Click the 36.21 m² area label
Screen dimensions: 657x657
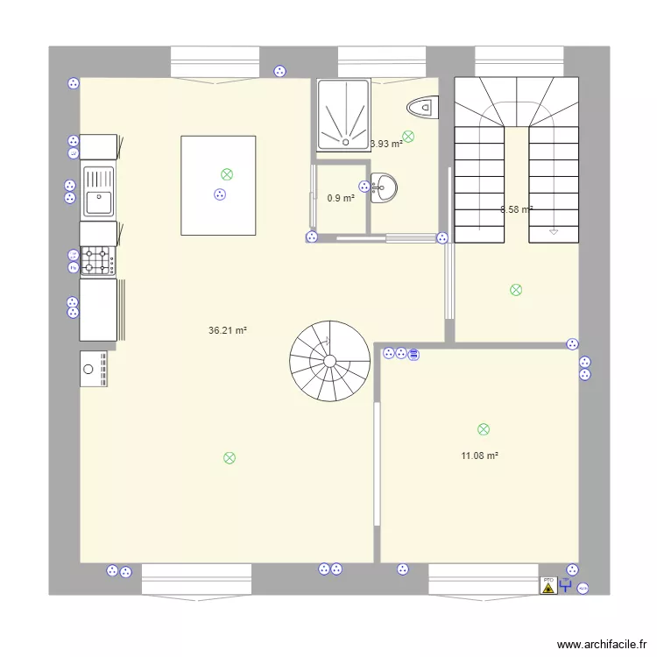click(x=228, y=331)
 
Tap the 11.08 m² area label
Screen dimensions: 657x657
click(x=479, y=456)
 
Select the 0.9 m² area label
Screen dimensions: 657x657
click(x=341, y=198)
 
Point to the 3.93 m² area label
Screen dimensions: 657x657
click(x=386, y=144)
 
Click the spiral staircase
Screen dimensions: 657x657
click(x=330, y=360)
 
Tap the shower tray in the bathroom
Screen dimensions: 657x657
click(x=343, y=113)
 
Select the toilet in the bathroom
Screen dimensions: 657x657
click(x=423, y=107)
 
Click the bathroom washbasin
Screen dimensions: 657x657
click(x=384, y=187)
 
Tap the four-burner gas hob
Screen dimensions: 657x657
click(x=98, y=260)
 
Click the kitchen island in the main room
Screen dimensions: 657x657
click(x=218, y=185)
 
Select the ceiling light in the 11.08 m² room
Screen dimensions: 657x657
click(x=483, y=429)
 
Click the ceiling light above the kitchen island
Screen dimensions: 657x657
click(x=227, y=174)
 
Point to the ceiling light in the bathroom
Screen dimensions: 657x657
click(x=408, y=136)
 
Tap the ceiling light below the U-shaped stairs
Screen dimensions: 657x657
click(x=516, y=290)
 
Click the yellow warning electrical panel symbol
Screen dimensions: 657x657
click(x=548, y=586)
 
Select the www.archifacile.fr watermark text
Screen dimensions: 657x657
click(x=600, y=644)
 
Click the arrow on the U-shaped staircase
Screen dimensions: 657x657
click(x=554, y=231)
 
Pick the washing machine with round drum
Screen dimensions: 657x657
click(x=94, y=369)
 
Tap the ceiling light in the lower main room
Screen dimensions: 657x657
click(x=230, y=457)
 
